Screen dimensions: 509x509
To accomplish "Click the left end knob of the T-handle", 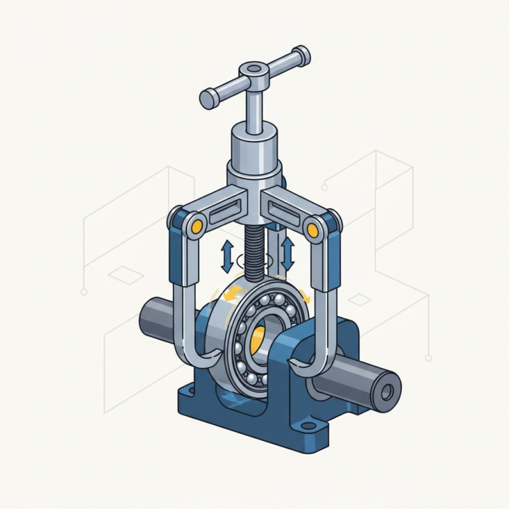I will point(208,99).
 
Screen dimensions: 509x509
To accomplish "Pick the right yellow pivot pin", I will point(312,228).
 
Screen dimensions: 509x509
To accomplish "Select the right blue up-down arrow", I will point(287,253).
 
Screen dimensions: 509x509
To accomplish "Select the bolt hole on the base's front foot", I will point(309,425).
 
